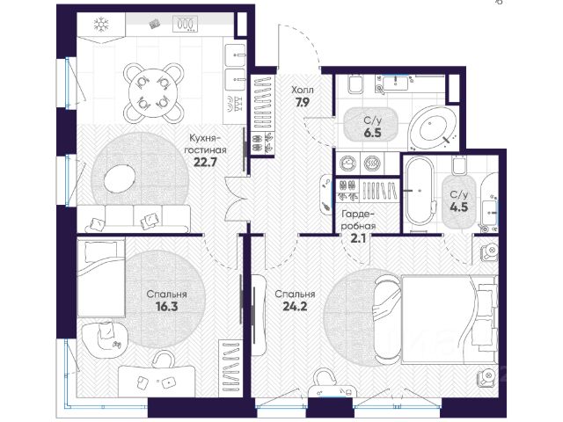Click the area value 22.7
(205, 162)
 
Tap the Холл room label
(303, 90)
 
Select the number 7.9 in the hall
(303, 103)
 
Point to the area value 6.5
(372, 133)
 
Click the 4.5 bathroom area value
(459, 207)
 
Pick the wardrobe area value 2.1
(358, 238)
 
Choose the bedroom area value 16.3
(166, 307)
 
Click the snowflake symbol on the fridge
(101, 25)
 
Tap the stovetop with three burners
(186, 24)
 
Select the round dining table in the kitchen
(154, 93)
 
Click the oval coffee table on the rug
(120, 178)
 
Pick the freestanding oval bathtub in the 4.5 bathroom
(419, 191)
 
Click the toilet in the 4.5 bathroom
(458, 165)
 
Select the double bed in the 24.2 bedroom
(436, 319)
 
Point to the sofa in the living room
(136, 219)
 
